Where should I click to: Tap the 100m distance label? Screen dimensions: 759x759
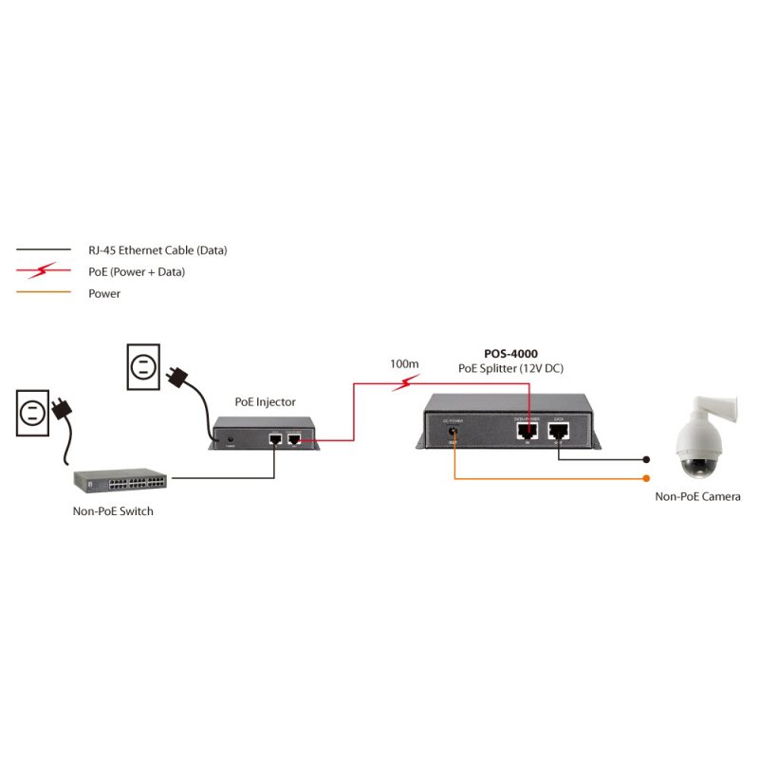(404, 364)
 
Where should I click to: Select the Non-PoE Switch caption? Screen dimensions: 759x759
(113, 511)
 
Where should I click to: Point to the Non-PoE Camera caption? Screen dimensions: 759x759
(697, 496)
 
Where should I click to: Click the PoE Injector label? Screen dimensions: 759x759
(265, 402)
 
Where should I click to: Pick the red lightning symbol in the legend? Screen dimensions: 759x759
(43, 272)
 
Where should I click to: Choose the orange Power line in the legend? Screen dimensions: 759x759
(43, 293)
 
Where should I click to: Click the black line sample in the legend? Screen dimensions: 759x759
(43, 250)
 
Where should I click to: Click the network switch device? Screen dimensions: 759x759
(122, 481)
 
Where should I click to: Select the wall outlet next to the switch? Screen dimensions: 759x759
(31, 413)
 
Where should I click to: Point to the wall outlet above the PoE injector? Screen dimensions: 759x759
(144, 367)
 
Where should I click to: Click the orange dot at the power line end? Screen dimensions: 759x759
(647, 478)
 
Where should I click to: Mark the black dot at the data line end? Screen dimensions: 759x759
(647, 458)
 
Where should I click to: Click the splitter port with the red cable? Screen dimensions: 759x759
(527, 431)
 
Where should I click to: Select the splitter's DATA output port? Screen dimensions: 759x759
(559, 431)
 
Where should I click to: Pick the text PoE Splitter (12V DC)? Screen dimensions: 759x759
(511, 368)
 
